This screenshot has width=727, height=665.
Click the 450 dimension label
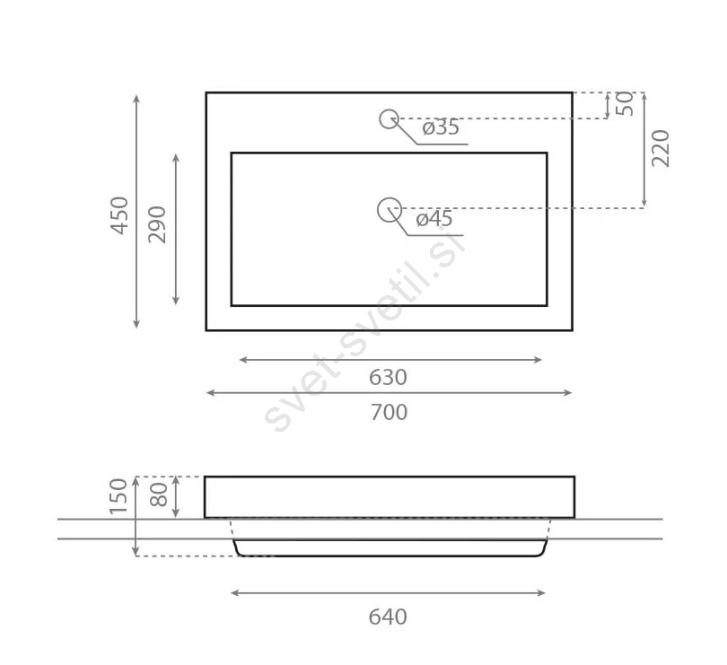119,215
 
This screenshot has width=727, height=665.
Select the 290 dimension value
157,224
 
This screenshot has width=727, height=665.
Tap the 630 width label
388,378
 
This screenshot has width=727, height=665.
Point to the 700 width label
389,412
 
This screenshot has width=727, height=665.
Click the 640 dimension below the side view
388,617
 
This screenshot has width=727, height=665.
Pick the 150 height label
118,496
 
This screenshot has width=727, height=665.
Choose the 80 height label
159,494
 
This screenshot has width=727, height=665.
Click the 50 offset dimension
626,104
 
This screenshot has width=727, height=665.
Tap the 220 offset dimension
661,148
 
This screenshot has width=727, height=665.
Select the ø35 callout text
441,127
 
